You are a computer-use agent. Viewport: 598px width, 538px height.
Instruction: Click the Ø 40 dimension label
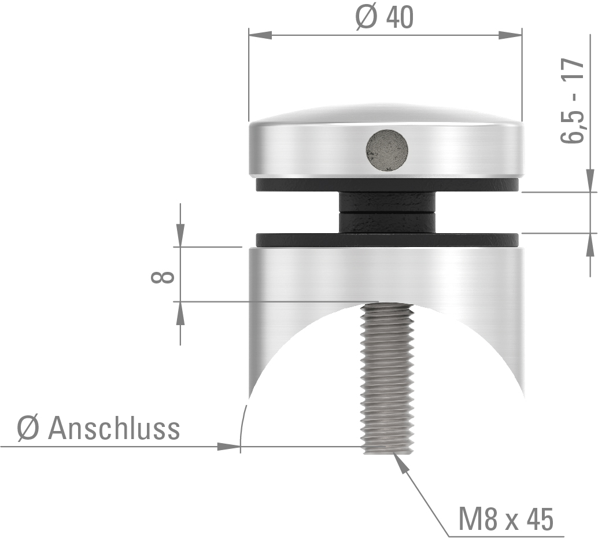point(385,17)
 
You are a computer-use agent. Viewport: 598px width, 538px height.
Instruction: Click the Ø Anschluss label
point(99,429)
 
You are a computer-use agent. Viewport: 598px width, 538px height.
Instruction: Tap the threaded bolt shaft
point(387,376)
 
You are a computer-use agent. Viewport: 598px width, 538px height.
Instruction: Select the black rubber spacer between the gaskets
point(387,212)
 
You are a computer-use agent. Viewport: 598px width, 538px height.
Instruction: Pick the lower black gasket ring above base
point(387,239)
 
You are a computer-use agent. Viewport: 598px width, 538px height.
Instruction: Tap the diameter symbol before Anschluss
point(27,430)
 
